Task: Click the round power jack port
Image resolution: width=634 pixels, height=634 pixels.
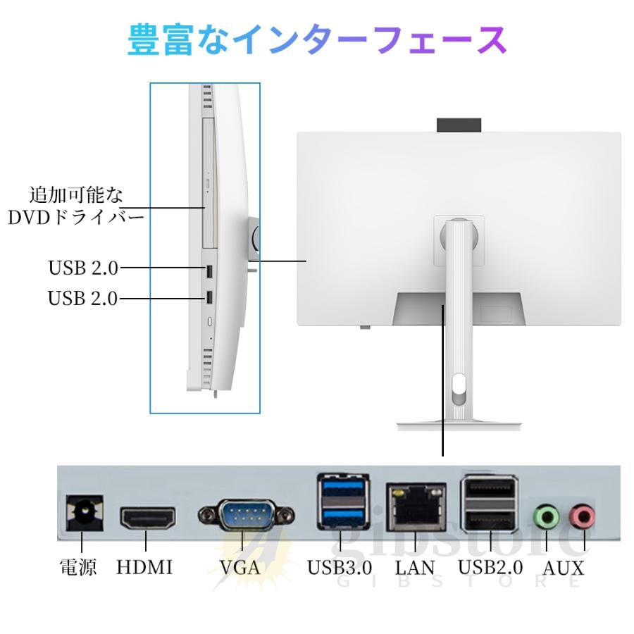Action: pos(85,513)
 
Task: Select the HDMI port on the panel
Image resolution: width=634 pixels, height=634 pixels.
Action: pos(148,518)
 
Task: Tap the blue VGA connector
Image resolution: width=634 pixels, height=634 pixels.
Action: pos(247,515)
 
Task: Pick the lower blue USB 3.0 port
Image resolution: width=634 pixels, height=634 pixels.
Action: pos(343,517)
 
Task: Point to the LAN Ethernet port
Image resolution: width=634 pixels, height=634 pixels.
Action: pos(416,507)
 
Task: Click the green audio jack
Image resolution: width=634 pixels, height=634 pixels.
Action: pos(547,516)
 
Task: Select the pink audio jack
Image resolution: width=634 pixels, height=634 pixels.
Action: pos(582,516)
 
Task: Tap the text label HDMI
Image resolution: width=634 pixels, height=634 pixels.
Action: pos(144,567)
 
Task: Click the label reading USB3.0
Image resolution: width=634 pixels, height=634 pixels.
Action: pos(340,567)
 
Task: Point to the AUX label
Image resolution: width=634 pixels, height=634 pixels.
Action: pos(564,568)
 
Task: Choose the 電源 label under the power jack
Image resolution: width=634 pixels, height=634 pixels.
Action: pos(78,567)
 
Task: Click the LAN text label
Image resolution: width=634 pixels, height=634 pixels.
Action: pos(415,567)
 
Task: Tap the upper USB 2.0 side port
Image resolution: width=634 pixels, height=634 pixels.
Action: pos(209,272)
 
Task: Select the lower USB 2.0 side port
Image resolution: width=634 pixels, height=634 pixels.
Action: pos(209,297)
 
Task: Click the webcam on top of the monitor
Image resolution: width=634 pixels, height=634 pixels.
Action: pos(459,125)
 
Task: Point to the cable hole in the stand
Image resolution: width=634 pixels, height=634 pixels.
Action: pos(459,389)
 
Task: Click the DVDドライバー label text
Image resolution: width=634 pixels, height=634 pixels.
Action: pos(75,218)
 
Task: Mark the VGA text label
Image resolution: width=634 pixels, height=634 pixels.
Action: pos(240,567)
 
